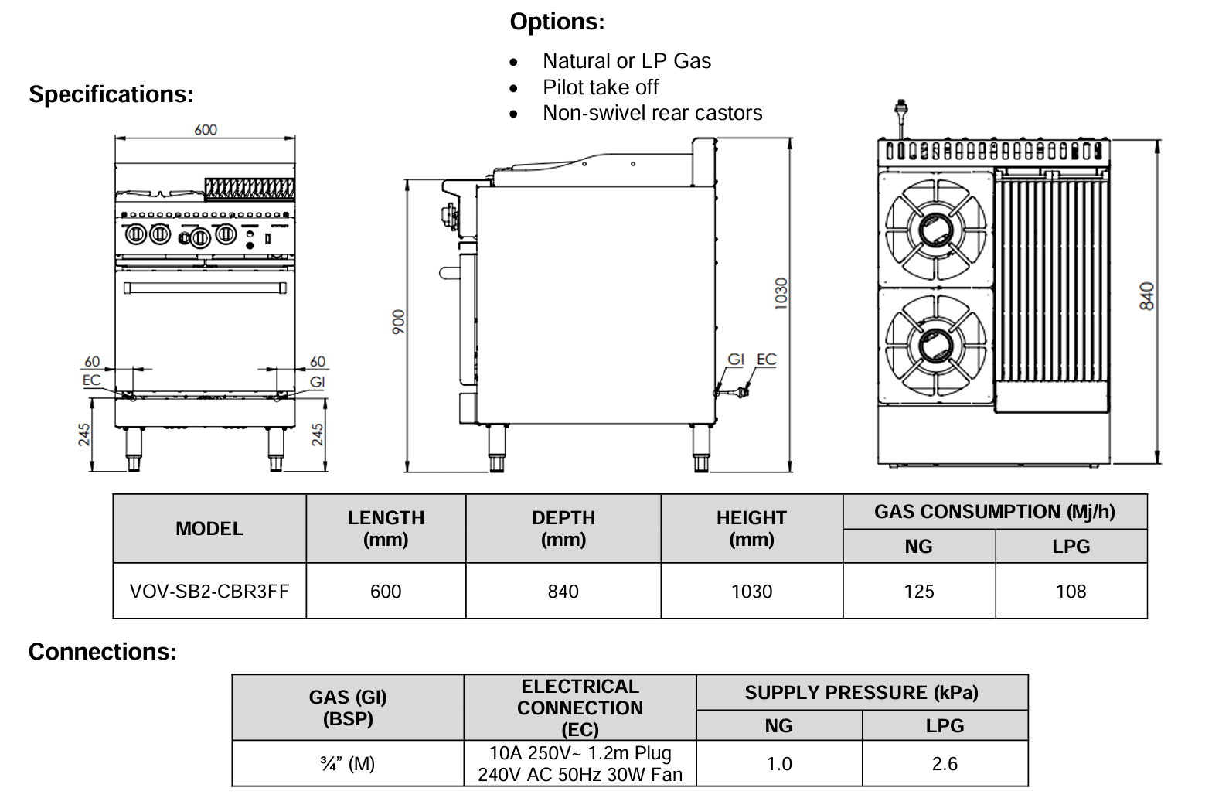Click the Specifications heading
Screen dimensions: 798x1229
coord(111,94)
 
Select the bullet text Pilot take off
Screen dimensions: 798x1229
coord(600,87)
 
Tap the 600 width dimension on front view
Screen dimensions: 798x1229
coord(206,130)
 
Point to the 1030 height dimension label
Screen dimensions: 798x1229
coord(781,294)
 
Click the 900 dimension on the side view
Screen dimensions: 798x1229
coord(398,322)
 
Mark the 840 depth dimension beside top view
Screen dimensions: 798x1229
coord(1147,296)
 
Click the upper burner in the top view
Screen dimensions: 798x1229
coord(935,229)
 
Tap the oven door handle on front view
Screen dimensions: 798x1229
coord(205,288)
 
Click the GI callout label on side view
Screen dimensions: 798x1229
coord(735,360)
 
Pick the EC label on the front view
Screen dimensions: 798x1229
coord(91,380)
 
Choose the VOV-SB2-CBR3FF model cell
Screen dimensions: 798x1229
coord(209,592)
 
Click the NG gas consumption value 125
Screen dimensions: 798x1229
coord(918,592)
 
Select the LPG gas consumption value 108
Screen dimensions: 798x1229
coord(1071,592)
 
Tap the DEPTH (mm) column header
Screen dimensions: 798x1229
coord(563,529)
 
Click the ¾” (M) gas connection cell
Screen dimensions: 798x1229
coord(347,764)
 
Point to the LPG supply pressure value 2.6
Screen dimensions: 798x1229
coord(944,764)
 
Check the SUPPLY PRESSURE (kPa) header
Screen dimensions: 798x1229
coord(861,693)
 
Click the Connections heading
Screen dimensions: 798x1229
coord(102,652)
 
